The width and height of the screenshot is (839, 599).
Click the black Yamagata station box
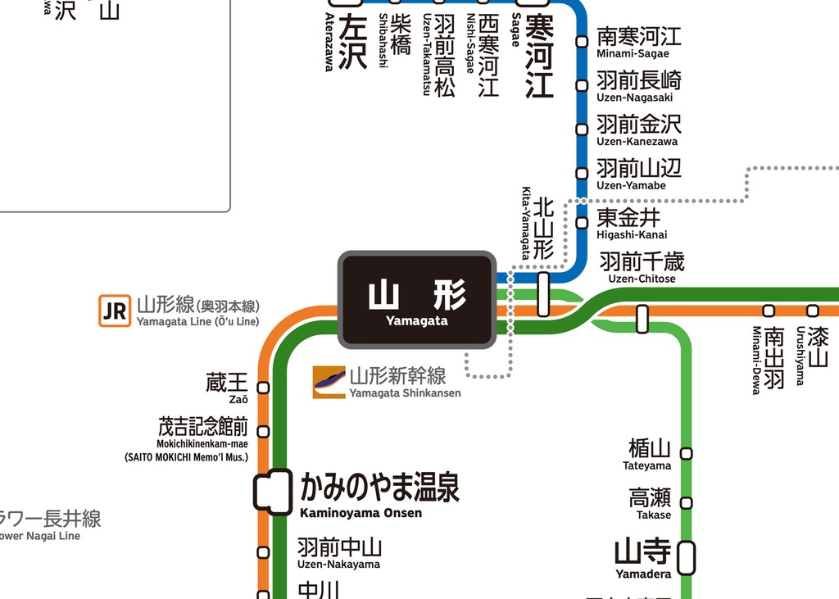(x=417, y=299)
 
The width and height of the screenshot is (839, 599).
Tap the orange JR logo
(x=114, y=311)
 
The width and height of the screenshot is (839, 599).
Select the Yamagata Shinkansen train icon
(x=329, y=382)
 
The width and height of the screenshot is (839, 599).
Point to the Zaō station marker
(x=263, y=388)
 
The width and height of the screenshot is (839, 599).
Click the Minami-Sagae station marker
(x=582, y=41)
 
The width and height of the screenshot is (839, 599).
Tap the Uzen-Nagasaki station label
(x=638, y=85)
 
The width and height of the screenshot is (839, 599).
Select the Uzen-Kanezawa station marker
(x=582, y=129)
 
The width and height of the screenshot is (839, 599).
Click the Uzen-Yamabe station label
(x=638, y=173)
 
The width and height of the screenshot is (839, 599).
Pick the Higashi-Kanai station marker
(x=582, y=222)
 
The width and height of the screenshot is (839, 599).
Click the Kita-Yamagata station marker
(x=543, y=294)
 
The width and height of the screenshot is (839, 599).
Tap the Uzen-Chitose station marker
(x=642, y=318)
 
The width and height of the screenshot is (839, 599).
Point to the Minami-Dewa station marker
(x=769, y=311)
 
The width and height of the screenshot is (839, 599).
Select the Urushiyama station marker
(x=812, y=311)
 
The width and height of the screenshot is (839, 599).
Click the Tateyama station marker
(x=686, y=453)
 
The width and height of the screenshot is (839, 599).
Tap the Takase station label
(x=651, y=502)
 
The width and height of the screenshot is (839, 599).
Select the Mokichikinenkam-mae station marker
(x=263, y=431)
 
